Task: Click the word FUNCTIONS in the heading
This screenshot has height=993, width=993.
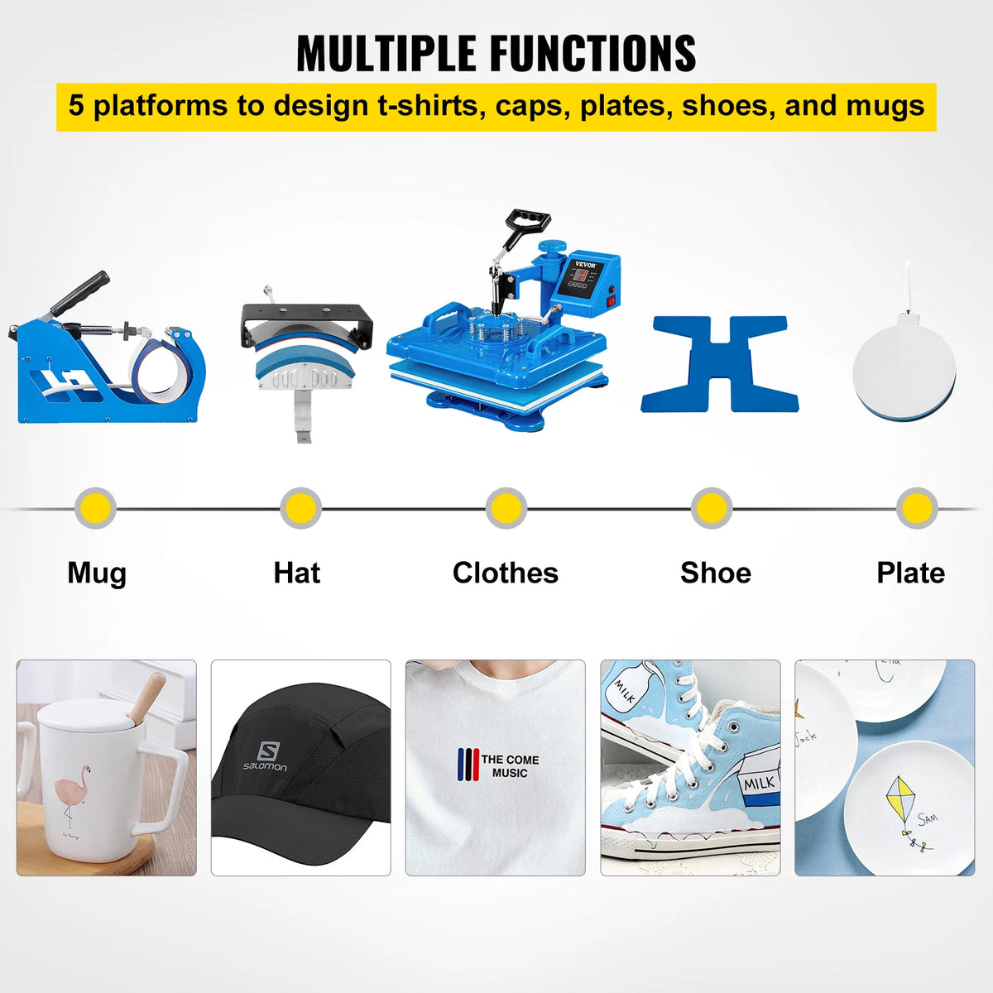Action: [592, 54]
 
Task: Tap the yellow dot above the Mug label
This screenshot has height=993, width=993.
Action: [95, 507]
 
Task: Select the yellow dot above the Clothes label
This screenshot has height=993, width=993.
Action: [505, 507]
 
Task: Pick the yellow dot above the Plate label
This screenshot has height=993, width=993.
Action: [916, 507]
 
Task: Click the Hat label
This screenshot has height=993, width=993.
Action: [296, 573]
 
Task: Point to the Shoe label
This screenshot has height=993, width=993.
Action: [715, 573]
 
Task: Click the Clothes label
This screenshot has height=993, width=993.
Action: [505, 573]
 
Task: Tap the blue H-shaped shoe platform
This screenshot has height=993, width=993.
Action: [720, 364]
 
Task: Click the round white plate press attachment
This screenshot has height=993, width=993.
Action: [904, 364]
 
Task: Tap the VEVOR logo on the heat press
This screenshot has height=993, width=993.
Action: [585, 264]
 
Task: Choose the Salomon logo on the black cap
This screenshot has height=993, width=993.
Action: [266, 756]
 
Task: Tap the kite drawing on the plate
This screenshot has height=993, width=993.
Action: [901, 799]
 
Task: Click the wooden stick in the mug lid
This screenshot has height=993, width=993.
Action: [146, 696]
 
